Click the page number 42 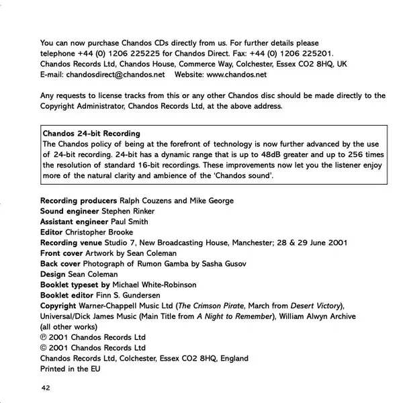click(x=45, y=388)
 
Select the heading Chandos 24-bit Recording click(x=91, y=133)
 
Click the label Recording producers click(x=79, y=200)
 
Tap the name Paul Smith click(x=130, y=222)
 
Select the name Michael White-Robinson click(x=159, y=285)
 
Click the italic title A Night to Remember click(x=232, y=316)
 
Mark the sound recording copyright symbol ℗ click(x=44, y=337)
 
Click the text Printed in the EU click(x=70, y=369)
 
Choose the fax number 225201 click(x=320, y=53)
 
